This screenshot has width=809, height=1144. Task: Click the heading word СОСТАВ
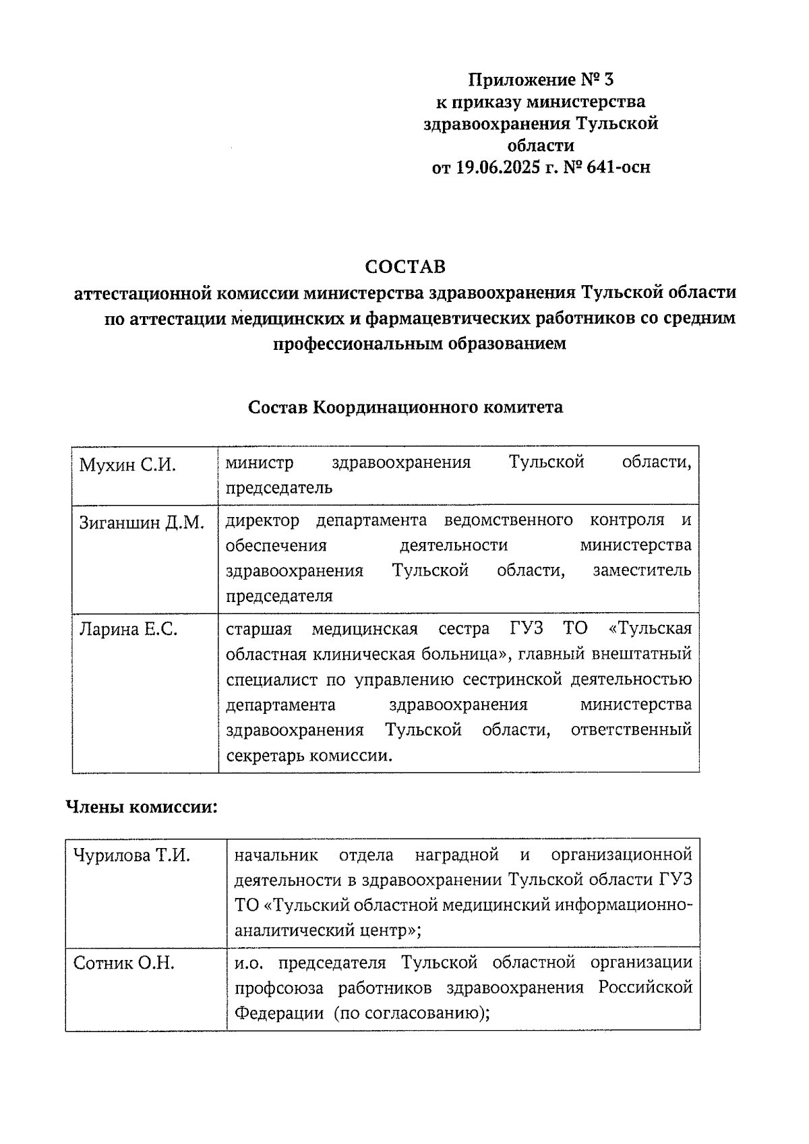(405, 267)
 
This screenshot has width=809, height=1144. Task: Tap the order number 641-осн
(618, 167)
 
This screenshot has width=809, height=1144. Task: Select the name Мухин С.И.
(127, 464)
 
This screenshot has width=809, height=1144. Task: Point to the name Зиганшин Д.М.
(142, 522)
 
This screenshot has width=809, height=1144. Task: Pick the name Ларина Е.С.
(128, 630)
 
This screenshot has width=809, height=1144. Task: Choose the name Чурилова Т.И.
(131, 856)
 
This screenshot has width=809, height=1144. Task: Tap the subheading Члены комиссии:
(141, 807)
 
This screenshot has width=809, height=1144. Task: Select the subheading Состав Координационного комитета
(405, 408)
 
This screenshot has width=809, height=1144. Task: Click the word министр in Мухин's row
(260, 463)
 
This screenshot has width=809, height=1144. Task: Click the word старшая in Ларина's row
(259, 630)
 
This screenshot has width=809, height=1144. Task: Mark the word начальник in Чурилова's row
(276, 855)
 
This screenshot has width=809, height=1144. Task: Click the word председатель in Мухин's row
(278, 487)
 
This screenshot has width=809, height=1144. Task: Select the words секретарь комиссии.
(309, 756)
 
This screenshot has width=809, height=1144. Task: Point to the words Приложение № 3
(541, 80)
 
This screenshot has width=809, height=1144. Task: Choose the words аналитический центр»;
(328, 931)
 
